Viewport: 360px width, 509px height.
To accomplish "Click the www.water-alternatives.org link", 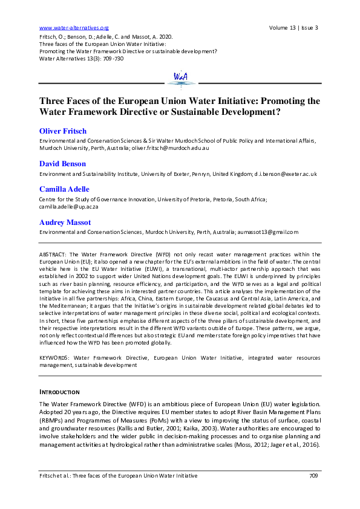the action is point(73,28).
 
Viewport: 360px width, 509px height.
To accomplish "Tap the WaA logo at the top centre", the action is point(180,77).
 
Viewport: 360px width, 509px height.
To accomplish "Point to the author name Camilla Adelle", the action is point(65,189).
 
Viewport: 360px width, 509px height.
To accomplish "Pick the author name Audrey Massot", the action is point(66,222).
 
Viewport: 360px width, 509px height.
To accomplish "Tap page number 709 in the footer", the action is point(313,476).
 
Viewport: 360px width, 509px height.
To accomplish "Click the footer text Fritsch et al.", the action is point(59,476).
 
